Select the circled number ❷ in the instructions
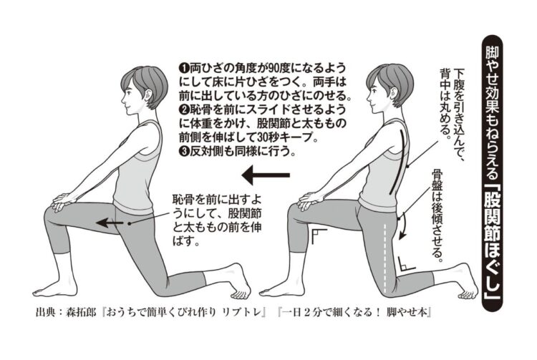pos(183,110)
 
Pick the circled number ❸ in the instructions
pos(183,152)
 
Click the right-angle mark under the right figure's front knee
pos(317,236)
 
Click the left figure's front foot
pos(57,290)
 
